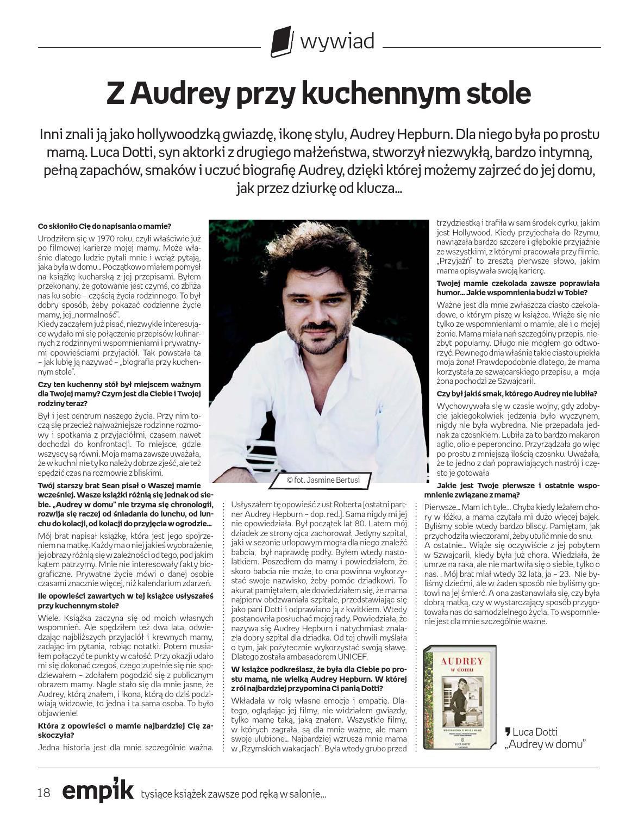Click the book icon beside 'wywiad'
[x=282, y=41]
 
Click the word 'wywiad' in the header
[x=337, y=41]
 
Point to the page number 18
[x=44, y=793]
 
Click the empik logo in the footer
[x=98, y=791]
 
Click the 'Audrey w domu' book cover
[x=460, y=698]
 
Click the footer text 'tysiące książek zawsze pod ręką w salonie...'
[x=233, y=794]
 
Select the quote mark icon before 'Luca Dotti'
[x=508, y=732]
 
